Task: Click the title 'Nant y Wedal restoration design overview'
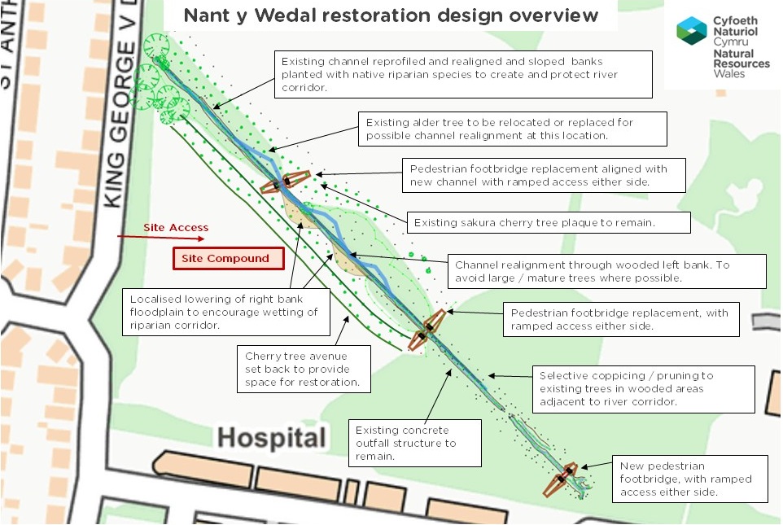pyautogui.click(x=391, y=16)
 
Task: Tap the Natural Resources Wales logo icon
pyautogui.click(x=691, y=32)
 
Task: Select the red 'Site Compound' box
pyautogui.click(x=228, y=259)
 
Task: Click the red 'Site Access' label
pyautogui.click(x=176, y=228)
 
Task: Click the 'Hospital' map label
pyautogui.click(x=271, y=438)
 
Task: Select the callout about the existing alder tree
pyautogui.click(x=512, y=129)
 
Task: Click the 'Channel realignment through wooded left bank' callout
pyautogui.click(x=607, y=271)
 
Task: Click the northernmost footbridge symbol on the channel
pyautogui.click(x=286, y=182)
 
